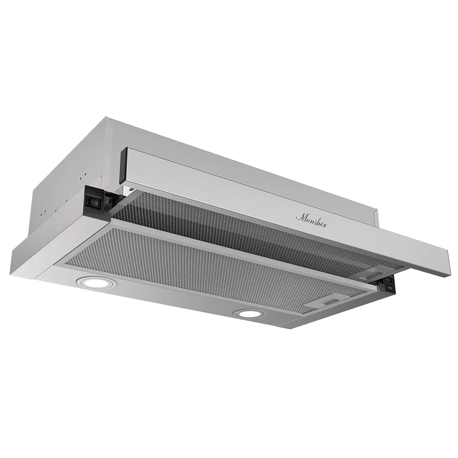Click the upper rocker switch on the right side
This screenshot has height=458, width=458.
point(389,280)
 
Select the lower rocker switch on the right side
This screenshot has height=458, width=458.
point(389,288)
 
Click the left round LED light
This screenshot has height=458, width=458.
point(93,283)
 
